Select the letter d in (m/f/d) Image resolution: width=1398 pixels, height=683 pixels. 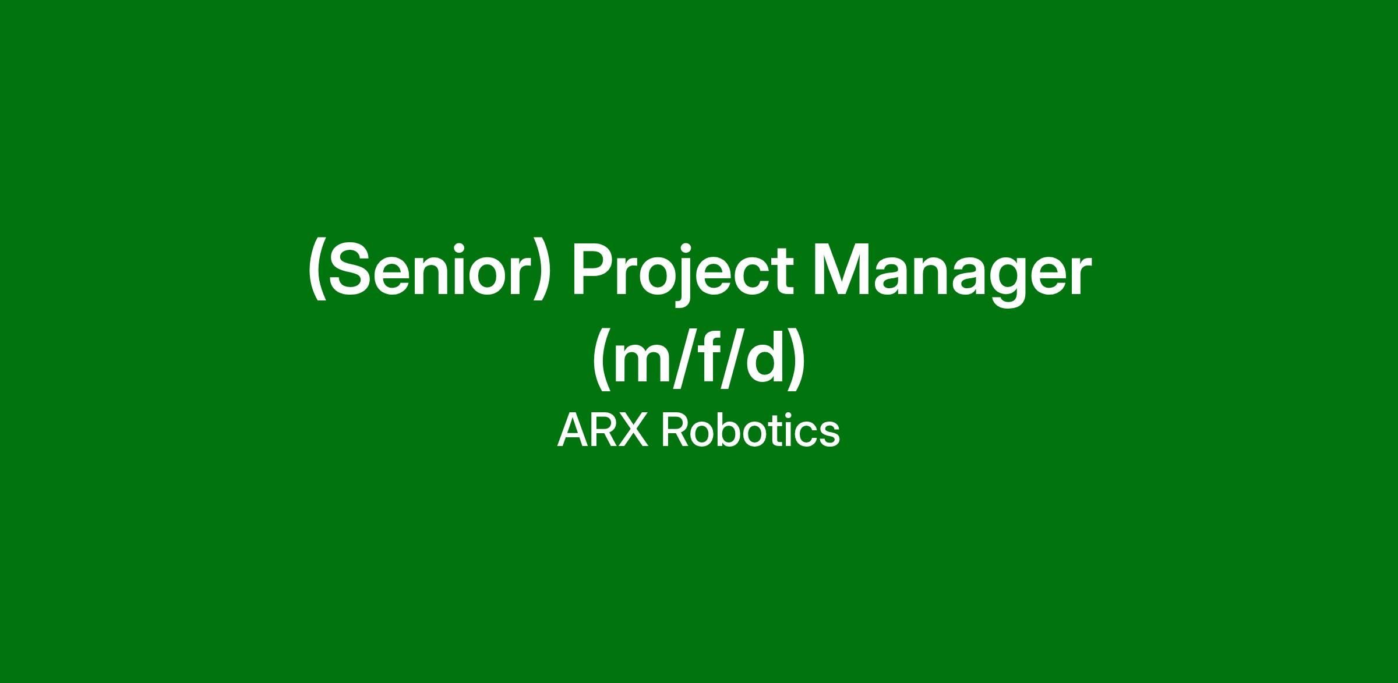764,360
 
